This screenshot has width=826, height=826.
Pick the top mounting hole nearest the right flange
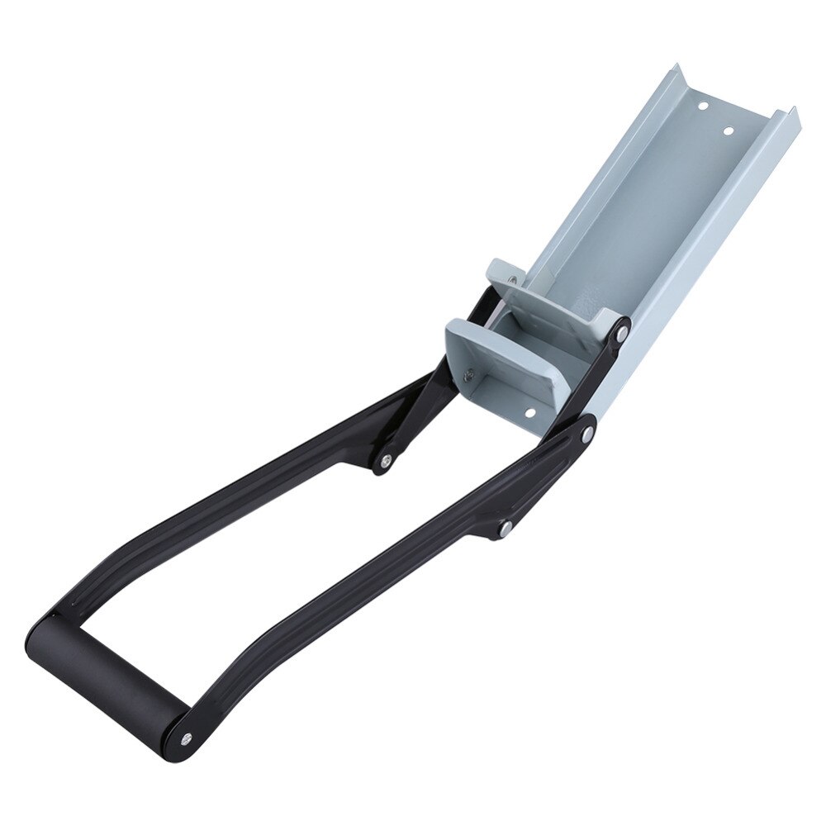tap(729, 131)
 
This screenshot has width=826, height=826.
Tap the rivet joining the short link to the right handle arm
tap(505, 526)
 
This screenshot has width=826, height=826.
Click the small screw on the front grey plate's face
tap(470, 375)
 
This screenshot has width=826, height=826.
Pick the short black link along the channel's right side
tap(604, 380)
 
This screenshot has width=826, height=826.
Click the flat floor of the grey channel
tap(661, 206)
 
